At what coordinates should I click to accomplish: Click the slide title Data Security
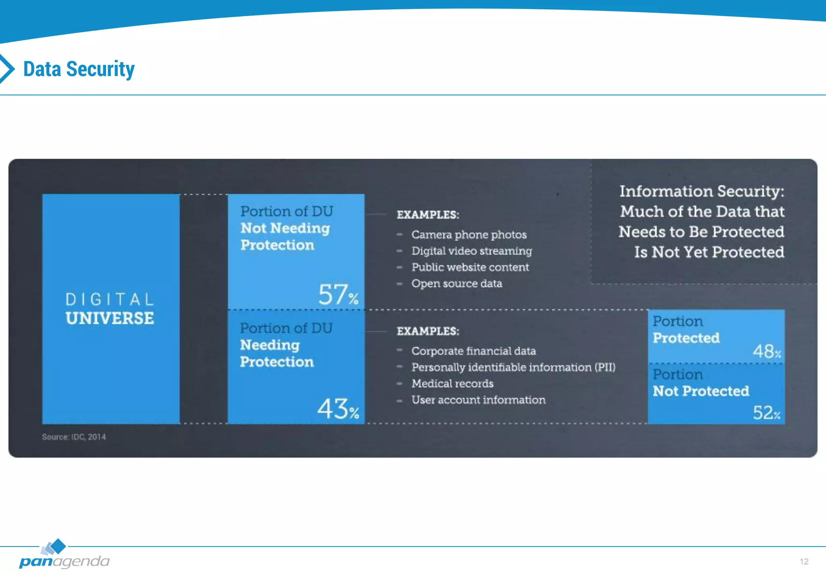(79, 69)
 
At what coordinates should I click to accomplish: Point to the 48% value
(766, 351)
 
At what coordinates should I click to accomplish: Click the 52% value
(766, 413)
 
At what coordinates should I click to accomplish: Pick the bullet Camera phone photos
(469, 235)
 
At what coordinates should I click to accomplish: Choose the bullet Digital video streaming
(471, 251)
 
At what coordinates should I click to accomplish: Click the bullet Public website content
(470, 267)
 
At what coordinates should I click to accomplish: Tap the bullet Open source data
(457, 284)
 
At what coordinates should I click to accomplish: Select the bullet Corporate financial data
(473, 351)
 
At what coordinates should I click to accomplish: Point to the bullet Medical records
(452, 384)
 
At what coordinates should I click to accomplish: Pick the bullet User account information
(478, 400)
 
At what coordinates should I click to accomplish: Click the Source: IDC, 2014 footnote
(74, 437)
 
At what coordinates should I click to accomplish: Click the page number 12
(804, 562)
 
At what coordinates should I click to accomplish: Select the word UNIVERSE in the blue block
(110, 318)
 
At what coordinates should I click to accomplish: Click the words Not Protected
(701, 391)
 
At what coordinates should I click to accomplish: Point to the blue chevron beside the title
(7, 69)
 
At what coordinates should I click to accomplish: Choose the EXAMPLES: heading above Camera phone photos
(428, 215)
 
